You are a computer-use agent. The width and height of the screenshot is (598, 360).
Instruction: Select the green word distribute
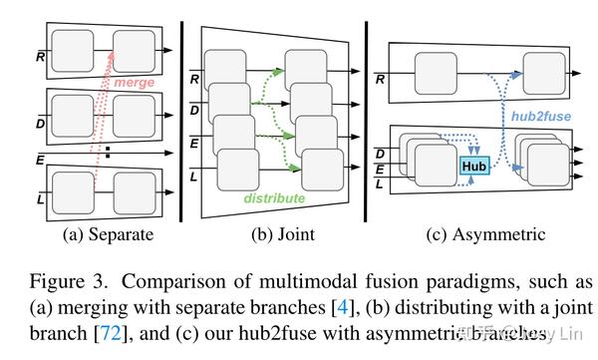[x=274, y=198]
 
